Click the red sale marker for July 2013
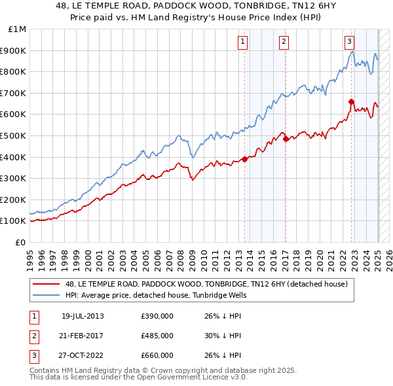[x=244, y=159]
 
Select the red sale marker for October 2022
[x=352, y=101]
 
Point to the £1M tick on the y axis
[x=18, y=29]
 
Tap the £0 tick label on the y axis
[x=20, y=242]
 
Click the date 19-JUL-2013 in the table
[x=83, y=316]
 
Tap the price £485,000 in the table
[x=157, y=336]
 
